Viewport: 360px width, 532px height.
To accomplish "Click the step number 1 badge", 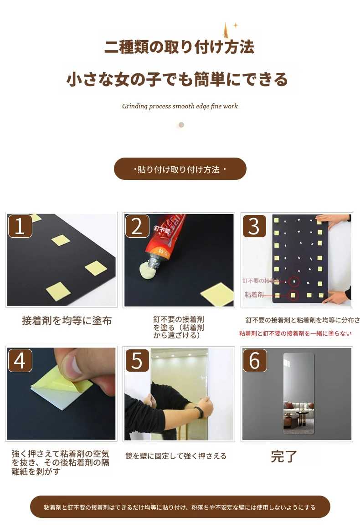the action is pyautogui.click(x=20, y=225).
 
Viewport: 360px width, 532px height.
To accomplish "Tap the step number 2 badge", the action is pyautogui.click(x=137, y=225).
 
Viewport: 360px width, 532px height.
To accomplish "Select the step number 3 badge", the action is pyautogui.click(x=254, y=225).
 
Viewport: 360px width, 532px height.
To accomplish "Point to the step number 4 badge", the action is pyautogui.click(x=20, y=360).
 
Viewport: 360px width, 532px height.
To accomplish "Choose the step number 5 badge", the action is pyautogui.click(x=137, y=360).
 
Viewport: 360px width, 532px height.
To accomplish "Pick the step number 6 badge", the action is pyautogui.click(x=254, y=360).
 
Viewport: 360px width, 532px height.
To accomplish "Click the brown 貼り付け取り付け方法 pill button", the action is pyautogui.click(x=180, y=169).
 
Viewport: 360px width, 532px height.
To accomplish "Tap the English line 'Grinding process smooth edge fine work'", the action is pyautogui.click(x=180, y=106).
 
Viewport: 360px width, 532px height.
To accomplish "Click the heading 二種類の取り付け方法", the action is pyautogui.click(x=179, y=47).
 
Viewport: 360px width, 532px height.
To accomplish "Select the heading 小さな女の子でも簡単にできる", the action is pyautogui.click(x=177, y=79).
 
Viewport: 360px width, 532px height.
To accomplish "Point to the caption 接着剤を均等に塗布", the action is pyautogui.click(x=67, y=321).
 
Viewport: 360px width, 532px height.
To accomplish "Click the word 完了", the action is pyautogui.click(x=283, y=457).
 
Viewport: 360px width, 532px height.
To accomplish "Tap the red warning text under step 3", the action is pyautogui.click(x=295, y=333).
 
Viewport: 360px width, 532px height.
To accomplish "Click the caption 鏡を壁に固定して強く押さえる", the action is pyautogui.click(x=176, y=456).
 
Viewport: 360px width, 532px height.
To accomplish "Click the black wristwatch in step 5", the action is pyautogui.click(x=201, y=412).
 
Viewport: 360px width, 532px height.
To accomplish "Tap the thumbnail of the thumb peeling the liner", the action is pyautogui.click(x=61, y=394).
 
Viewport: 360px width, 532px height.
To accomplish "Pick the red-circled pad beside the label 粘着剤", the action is pyautogui.click(x=293, y=295).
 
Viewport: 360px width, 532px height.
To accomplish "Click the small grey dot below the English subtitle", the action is pyautogui.click(x=181, y=125).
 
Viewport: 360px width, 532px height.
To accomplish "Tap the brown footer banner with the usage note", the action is pyautogui.click(x=180, y=507).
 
